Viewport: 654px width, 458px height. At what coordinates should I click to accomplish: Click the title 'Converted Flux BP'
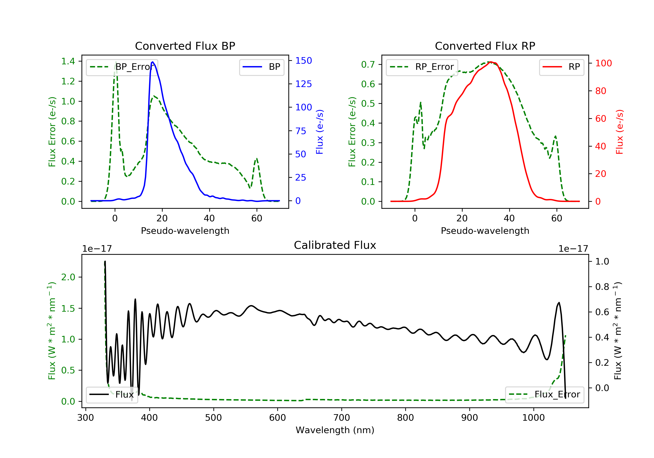click(x=185, y=46)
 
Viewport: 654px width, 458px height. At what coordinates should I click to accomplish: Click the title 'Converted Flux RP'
click(x=485, y=46)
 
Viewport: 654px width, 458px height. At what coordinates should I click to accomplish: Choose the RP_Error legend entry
click(x=422, y=67)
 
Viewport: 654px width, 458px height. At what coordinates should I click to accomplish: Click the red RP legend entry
click(x=561, y=67)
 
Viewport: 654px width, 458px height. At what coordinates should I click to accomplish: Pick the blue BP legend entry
click(x=261, y=67)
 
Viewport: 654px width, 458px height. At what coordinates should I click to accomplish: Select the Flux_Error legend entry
click(x=544, y=395)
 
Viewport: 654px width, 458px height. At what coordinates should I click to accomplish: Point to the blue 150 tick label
click(x=303, y=61)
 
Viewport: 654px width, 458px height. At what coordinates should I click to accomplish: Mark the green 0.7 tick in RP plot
click(x=368, y=64)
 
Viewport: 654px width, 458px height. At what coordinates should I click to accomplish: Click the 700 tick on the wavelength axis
click(x=342, y=418)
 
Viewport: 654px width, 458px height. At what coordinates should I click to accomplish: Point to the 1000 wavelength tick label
click(x=533, y=418)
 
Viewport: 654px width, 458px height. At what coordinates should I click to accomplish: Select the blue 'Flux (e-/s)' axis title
click(x=320, y=132)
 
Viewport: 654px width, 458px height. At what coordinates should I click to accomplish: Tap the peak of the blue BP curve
click(x=153, y=62)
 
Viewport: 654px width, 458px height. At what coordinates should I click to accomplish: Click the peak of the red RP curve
click(x=490, y=62)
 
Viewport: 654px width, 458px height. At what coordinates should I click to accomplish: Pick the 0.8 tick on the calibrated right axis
click(x=602, y=287)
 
